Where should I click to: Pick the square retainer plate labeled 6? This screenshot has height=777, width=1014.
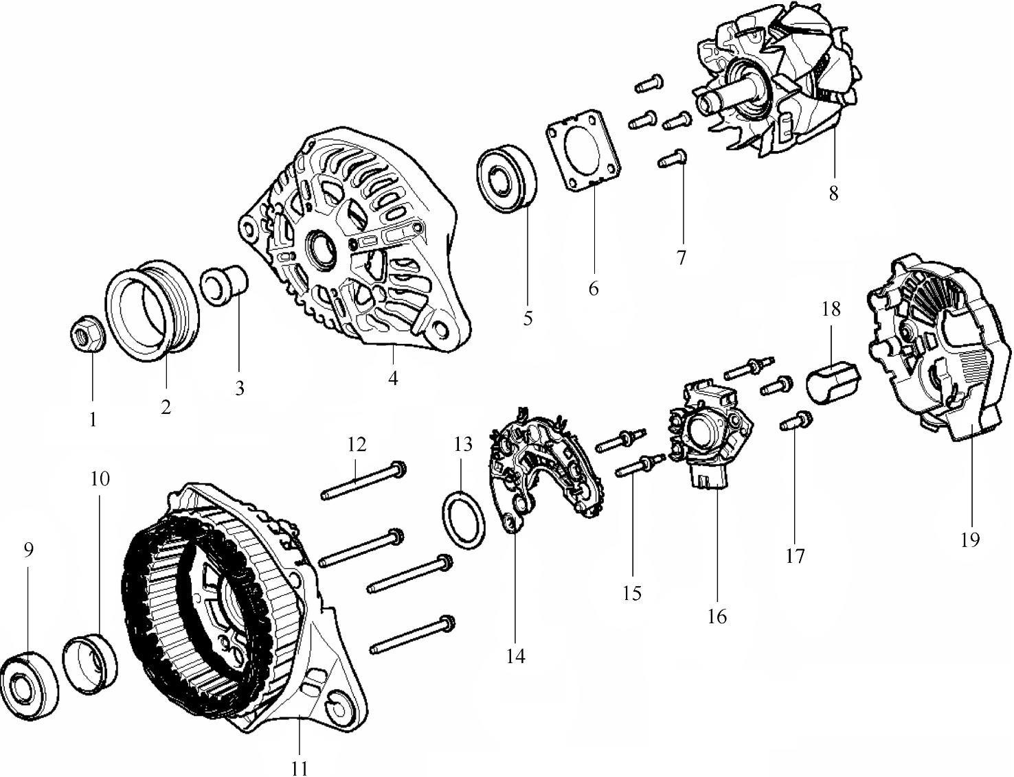pyautogui.click(x=583, y=148)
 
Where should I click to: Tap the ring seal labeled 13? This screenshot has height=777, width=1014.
pyautogui.click(x=462, y=520)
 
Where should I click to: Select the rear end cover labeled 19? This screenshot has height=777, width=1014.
pyautogui.click(x=931, y=350)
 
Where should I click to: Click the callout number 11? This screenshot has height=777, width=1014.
pyautogui.click(x=299, y=768)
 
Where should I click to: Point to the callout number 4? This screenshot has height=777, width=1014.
pyautogui.click(x=392, y=378)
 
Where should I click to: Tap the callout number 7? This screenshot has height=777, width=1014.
pyautogui.click(x=681, y=258)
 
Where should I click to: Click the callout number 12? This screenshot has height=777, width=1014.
pyautogui.click(x=356, y=445)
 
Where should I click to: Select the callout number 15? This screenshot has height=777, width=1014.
pyautogui.click(x=631, y=592)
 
